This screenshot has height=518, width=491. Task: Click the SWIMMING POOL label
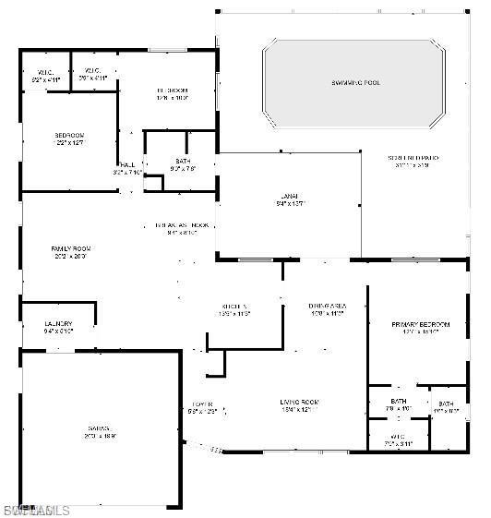pos(355,83)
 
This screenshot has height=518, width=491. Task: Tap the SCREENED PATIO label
pos(413,158)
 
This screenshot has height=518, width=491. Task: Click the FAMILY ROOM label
pos(70,248)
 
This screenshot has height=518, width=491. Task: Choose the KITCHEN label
pos(234,306)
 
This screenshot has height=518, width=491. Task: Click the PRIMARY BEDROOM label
pos(420,325)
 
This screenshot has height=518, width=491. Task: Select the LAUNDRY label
pos(58,323)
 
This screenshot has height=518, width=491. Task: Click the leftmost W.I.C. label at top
pos(45,72)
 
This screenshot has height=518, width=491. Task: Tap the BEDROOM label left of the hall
pos(68,136)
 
